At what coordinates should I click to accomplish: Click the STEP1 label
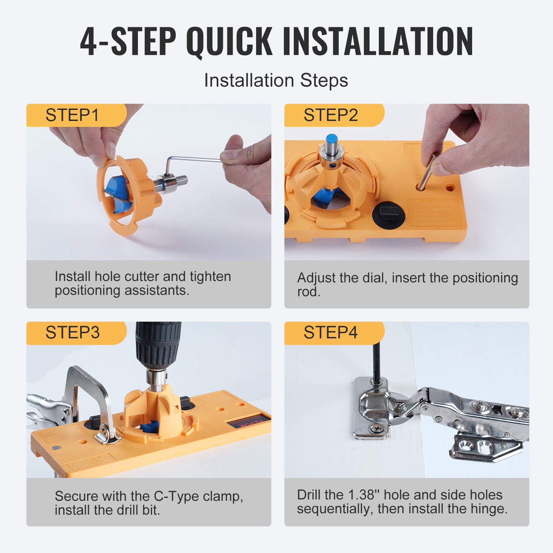72,115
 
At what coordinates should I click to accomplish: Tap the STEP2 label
330,115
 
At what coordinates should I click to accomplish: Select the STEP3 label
73,332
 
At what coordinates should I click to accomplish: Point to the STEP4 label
330,332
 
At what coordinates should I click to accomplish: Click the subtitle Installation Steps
276,80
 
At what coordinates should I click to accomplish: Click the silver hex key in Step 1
194,159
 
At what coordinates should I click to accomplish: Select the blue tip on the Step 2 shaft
332,139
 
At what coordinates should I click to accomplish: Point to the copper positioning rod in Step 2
427,173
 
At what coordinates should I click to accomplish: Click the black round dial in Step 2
388,215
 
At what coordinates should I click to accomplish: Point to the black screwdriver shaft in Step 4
377,363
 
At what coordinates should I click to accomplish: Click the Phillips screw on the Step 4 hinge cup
377,429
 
